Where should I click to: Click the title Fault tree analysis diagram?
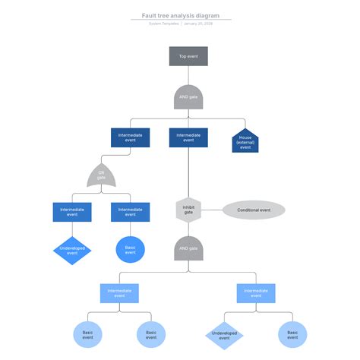click(180, 15)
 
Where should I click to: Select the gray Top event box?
click(188, 56)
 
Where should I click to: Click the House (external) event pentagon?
click(245, 142)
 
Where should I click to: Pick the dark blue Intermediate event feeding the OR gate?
click(130, 137)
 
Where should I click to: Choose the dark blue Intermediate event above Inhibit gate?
click(188, 137)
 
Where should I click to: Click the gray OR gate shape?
click(102, 176)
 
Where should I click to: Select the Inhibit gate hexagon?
click(188, 210)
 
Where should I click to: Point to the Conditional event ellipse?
click(254, 210)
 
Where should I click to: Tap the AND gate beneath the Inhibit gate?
click(188, 248)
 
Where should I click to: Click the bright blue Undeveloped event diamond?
click(72, 251)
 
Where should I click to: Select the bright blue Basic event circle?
click(130, 250)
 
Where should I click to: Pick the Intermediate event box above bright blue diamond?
click(72, 212)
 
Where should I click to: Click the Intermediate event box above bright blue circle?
click(130, 212)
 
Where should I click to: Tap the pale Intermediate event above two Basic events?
click(119, 292)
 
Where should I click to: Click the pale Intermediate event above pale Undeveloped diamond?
click(256, 292)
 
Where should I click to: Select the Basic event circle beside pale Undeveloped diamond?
click(292, 335)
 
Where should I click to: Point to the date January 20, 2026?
click(199, 24)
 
